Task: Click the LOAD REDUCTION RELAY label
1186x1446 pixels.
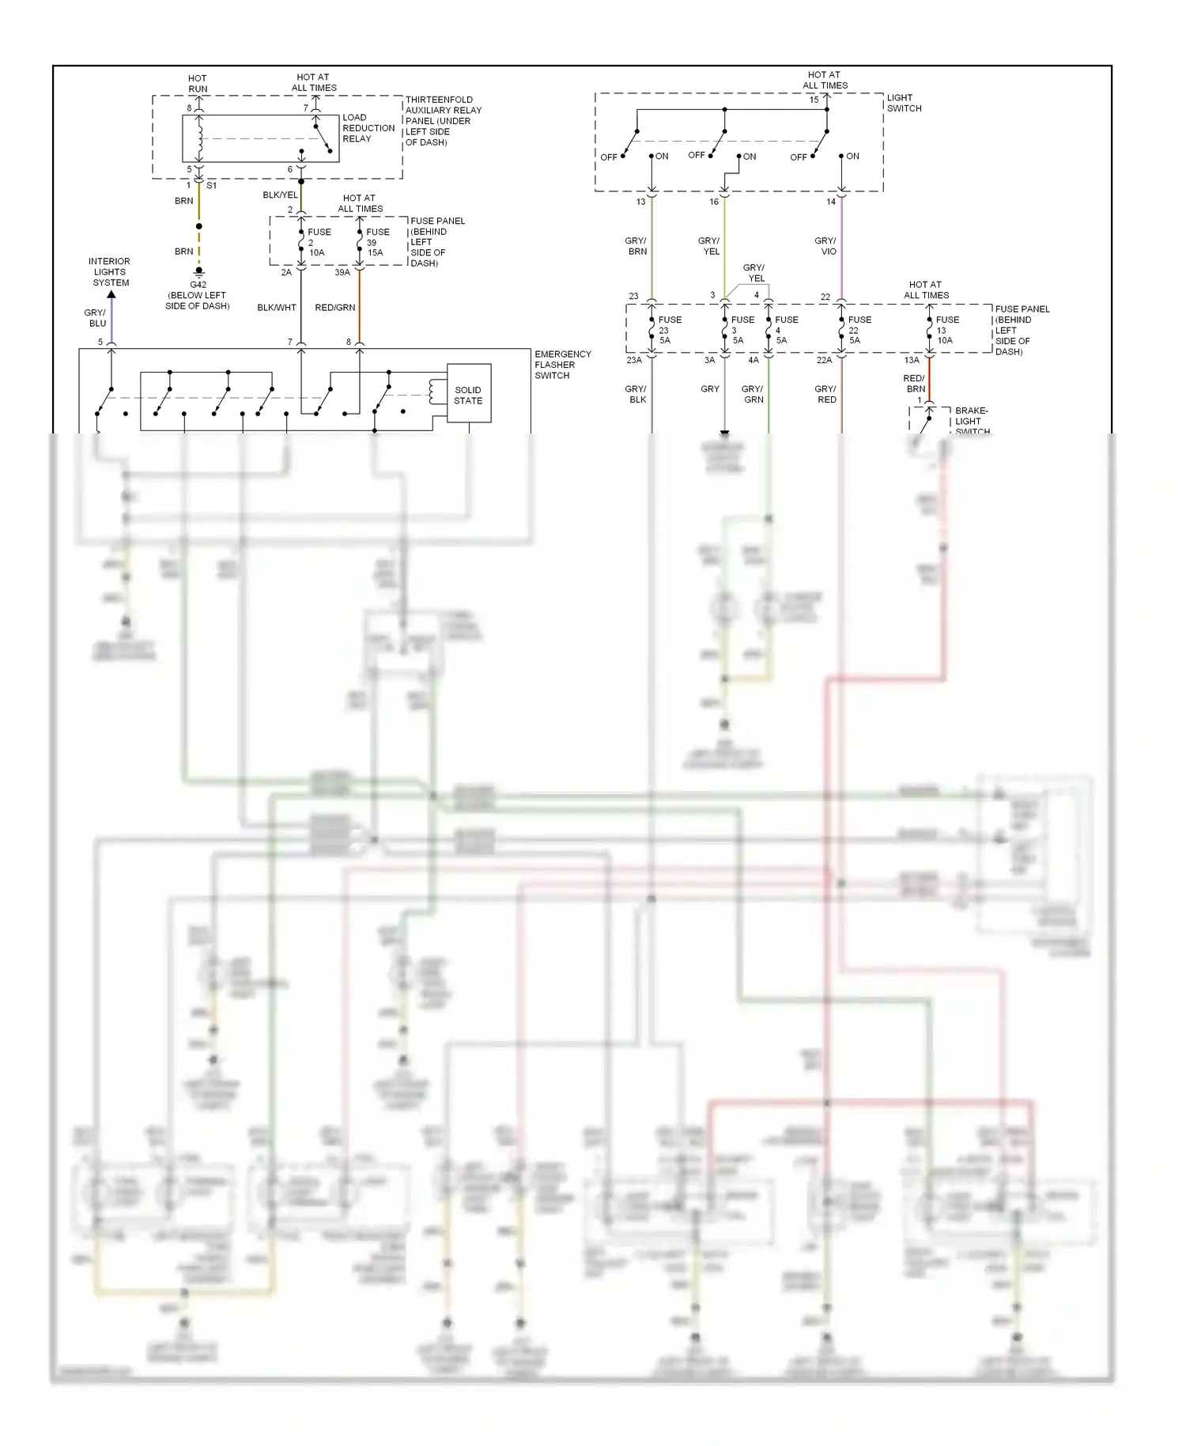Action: [368, 128]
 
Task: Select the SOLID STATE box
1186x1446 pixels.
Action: [468, 395]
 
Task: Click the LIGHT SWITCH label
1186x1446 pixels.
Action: [904, 103]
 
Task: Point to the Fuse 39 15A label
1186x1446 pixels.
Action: [376, 243]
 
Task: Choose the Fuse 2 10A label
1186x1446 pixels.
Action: [318, 243]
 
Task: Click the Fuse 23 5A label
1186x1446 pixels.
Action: [668, 330]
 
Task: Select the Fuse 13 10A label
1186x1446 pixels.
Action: [946, 330]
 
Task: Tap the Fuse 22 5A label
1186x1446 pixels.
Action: [858, 330]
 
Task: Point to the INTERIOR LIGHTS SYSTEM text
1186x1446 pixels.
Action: [110, 271]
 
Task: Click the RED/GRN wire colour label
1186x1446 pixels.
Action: [335, 308]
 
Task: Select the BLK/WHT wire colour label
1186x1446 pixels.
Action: [277, 308]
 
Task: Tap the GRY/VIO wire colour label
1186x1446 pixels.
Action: [825, 246]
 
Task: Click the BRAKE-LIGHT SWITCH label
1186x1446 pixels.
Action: [972, 421]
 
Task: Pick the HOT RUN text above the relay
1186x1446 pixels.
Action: [198, 84]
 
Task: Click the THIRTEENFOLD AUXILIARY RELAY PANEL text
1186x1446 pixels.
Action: [442, 121]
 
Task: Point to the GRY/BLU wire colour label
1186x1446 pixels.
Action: [96, 318]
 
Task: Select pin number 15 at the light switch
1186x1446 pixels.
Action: [814, 100]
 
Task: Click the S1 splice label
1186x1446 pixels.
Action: [211, 186]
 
